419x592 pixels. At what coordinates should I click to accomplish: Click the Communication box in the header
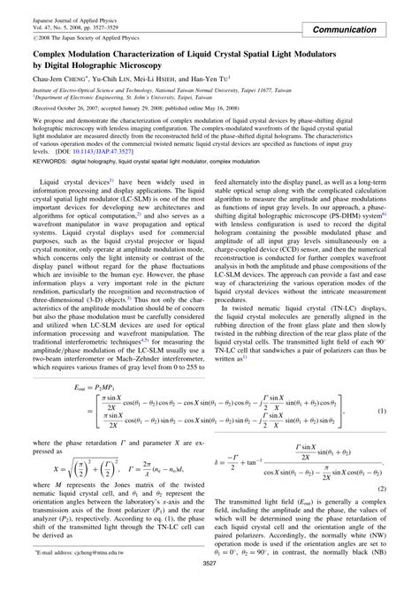tap(362, 30)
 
